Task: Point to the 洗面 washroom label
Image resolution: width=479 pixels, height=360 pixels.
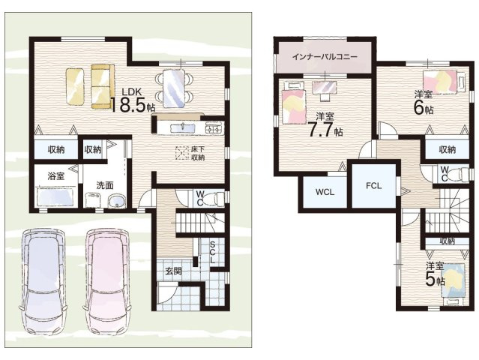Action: pos(103,185)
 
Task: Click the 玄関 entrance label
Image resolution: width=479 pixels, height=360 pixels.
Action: pos(172,271)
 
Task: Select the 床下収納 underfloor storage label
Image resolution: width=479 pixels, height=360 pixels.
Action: pos(197,153)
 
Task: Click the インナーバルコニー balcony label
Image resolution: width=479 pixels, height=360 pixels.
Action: pos(324,57)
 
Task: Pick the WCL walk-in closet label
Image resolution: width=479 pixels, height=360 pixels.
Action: pos(324,191)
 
